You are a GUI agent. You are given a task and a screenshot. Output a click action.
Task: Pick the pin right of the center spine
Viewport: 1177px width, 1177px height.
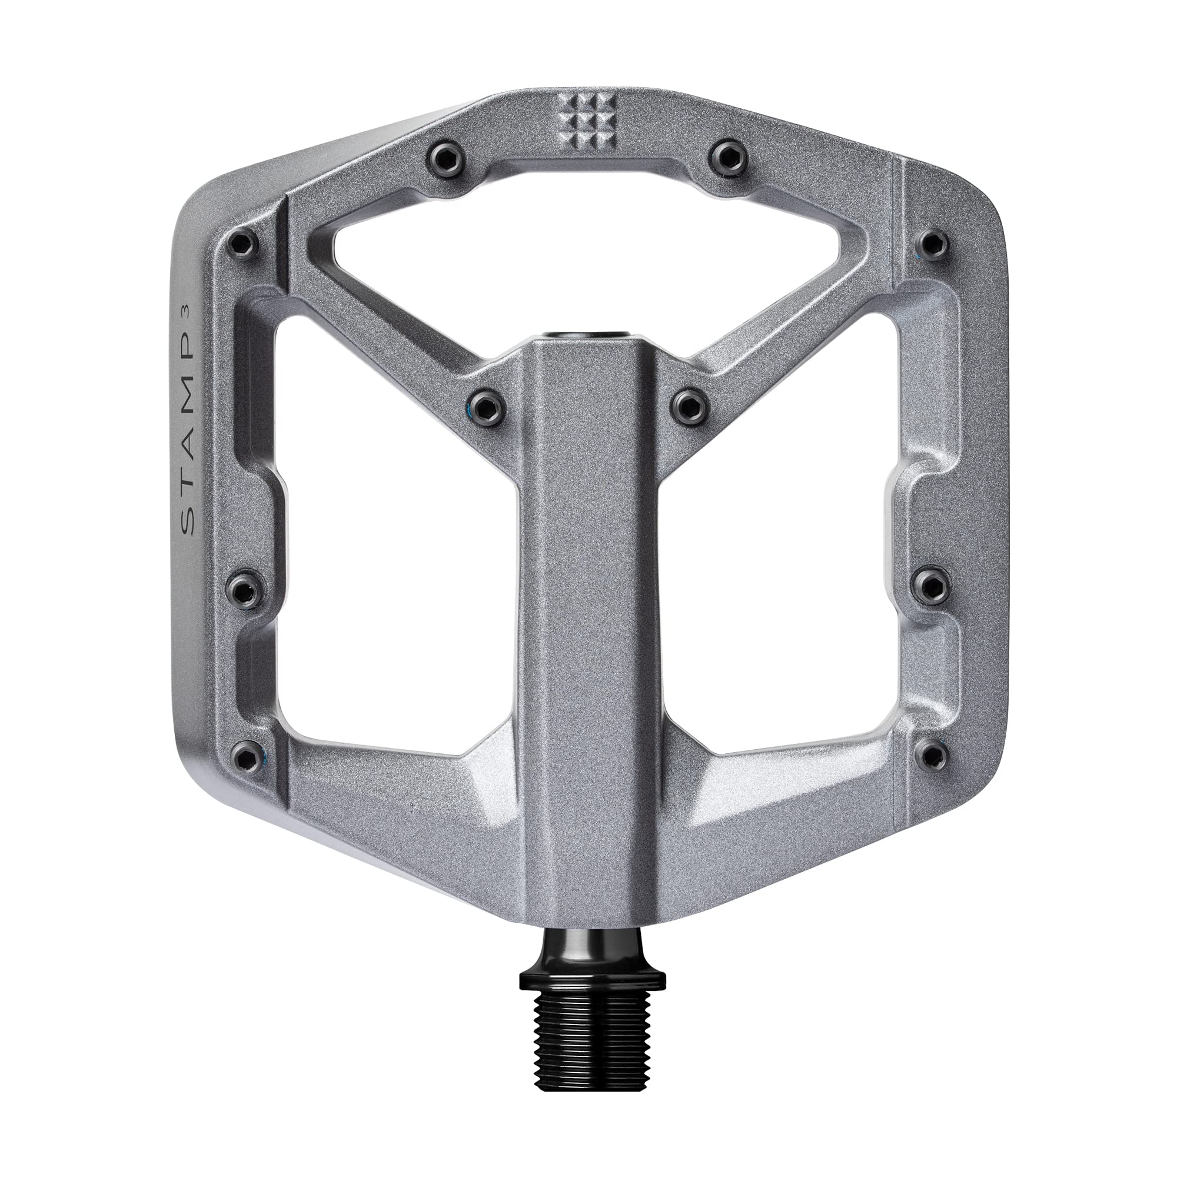pyautogui.click(x=689, y=404)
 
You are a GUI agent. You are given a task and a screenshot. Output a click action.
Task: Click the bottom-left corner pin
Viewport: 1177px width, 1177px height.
pyautogui.click(x=245, y=757)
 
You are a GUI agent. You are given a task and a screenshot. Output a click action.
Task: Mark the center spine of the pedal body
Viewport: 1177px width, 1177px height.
pyautogui.click(x=588, y=609)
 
